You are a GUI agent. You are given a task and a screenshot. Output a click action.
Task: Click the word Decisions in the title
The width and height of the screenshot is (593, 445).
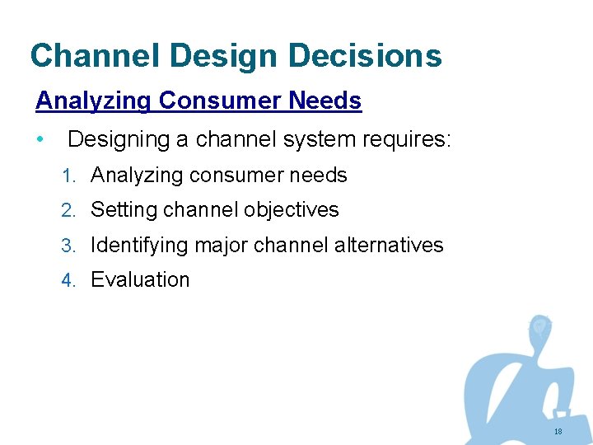pos(365,55)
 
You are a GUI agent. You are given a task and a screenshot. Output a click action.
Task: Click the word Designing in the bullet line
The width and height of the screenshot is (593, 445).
pos(119,139)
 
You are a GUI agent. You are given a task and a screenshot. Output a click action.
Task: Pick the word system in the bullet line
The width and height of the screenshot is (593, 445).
pos(317,139)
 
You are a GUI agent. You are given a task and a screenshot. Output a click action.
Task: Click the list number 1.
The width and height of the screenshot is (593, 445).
pos(68,176)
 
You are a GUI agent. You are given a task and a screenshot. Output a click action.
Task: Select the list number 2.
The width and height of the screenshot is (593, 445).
pos(68,210)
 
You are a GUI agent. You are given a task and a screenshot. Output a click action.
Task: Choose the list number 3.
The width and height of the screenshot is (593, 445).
pos(68,246)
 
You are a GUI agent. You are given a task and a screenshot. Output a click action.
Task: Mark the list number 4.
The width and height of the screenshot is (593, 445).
pos(68,280)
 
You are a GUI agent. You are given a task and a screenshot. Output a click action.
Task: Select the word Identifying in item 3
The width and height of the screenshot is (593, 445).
pos(135,246)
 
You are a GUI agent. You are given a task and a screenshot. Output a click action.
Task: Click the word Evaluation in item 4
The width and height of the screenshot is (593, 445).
pos(140,280)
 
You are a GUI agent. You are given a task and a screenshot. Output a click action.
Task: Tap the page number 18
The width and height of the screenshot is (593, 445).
pos(558,432)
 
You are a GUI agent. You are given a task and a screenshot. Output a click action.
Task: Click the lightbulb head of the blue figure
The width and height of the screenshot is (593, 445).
pos(539,327)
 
